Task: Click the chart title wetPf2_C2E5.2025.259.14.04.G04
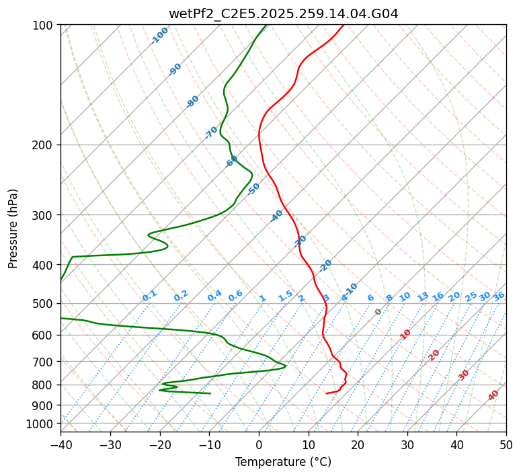[283, 13]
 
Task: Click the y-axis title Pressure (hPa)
[13, 228]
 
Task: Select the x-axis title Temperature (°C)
[283, 463]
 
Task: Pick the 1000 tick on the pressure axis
[41, 424]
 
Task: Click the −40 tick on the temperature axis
[61, 445]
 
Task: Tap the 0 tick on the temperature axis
[259, 445]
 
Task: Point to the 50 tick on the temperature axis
[506, 445]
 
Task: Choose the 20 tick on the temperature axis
[358, 445]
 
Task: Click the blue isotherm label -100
[160, 36]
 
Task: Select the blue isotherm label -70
[211, 132]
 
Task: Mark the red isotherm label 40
[493, 395]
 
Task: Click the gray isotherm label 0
[378, 312]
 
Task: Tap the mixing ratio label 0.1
[149, 296]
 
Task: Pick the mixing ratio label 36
[499, 296]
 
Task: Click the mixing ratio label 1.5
[285, 296]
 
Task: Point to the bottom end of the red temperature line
[326, 393]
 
